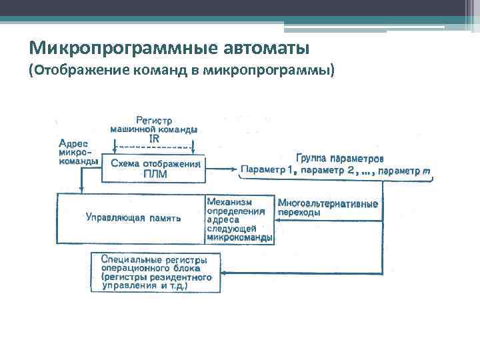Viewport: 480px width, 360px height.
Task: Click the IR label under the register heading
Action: (x=154, y=138)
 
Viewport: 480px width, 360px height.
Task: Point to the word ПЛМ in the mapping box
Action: (x=155, y=175)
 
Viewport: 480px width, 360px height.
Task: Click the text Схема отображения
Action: (x=155, y=164)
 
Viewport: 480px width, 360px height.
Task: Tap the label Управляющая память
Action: (x=133, y=217)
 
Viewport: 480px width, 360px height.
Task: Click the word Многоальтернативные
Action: (x=328, y=203)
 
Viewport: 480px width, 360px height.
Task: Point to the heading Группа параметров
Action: (x=340, y=159)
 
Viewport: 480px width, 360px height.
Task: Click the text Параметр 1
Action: (x=267, y=171)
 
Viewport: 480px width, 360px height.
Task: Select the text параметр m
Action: (x=404, y=171)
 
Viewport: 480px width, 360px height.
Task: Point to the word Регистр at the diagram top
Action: (x=154, y=120)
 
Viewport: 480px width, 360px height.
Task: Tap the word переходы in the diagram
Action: (x=299, y=213)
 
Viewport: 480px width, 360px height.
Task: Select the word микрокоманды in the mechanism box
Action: (x=239, y=237)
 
